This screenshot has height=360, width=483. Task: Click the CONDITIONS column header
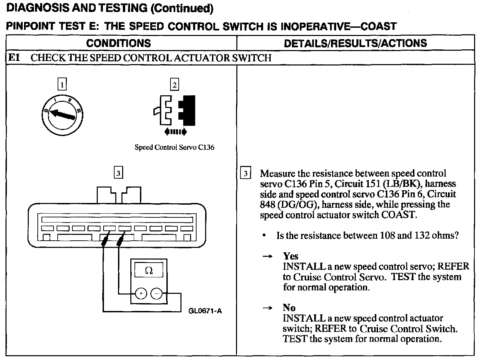coord(118,43)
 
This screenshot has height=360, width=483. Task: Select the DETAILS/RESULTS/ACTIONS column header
coord(355,43)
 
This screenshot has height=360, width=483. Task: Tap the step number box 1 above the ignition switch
coord(62,84)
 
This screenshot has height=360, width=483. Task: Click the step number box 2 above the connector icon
coord(175,84)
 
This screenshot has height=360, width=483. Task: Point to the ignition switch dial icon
coord(62,114)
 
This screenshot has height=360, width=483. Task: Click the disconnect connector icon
coord(175,110)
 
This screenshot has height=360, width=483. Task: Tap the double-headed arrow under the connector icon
coord(175,132)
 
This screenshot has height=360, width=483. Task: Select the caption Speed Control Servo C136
coord(174,147)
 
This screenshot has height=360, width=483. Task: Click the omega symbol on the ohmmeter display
coord(149,271)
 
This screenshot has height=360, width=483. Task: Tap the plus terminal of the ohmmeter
coord(141,293)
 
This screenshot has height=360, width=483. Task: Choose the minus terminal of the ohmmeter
coord(156,293)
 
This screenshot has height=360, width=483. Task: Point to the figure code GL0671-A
coord(205,311)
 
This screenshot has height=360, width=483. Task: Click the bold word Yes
coord(291,256)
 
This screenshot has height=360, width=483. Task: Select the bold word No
coord(289,308)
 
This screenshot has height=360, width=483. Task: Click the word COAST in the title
coord(376,26)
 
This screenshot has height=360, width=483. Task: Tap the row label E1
coord(14,58)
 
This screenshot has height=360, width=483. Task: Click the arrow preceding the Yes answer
coord(268,256)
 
